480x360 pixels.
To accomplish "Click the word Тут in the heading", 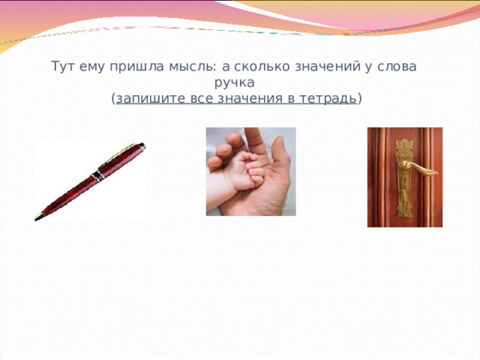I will tap(64, 66).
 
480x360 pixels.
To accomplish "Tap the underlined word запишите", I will tap(148, 98).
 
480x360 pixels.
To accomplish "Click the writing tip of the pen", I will tap(36, 219).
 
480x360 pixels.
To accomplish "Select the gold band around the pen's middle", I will tap(96, 177).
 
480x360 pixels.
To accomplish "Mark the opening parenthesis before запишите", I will tap(112, 98).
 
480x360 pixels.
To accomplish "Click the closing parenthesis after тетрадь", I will tap(361, 98).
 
